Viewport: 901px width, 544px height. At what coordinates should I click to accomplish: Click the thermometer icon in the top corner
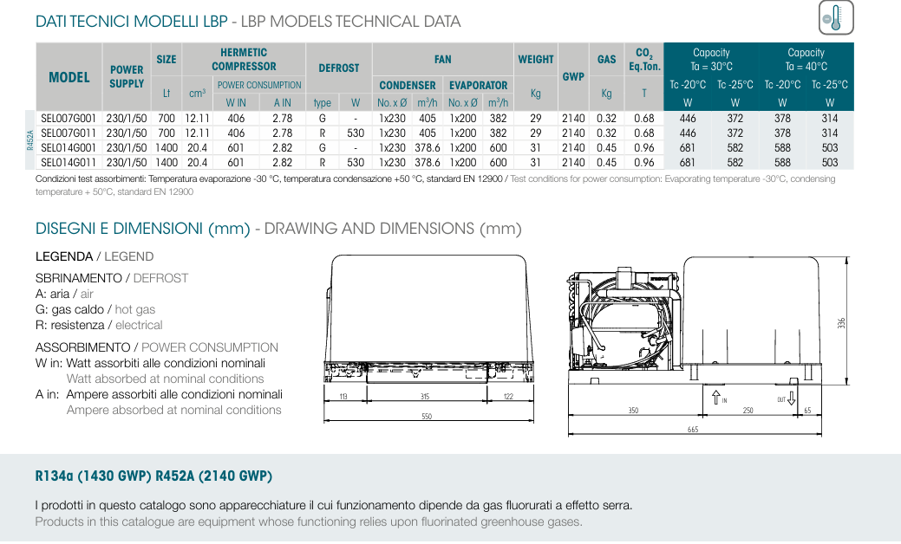[836, 18]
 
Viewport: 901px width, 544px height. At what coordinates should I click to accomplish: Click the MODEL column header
[69, 77]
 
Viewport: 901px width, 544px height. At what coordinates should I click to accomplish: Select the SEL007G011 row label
[69, 133]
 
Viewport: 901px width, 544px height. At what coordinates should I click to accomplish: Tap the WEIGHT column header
[536, 59]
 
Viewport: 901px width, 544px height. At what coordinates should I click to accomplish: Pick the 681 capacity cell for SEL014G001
[688, 148]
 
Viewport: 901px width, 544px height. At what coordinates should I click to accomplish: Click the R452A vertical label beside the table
[29, 140]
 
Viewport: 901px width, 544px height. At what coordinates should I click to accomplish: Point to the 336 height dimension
[842, 323]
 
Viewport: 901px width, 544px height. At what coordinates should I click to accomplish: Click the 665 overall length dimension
[693, 430]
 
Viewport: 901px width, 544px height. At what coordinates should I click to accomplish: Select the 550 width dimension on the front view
[427, 416]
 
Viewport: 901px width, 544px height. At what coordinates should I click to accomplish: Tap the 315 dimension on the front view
[425, 397]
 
